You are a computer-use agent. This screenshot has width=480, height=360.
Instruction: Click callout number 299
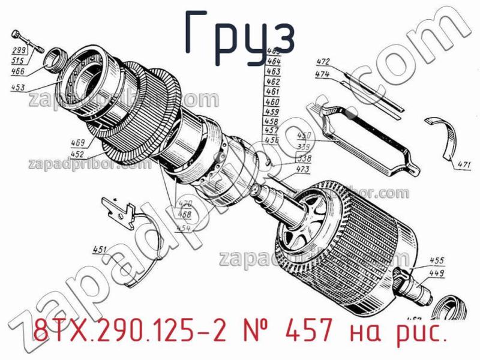pyautogui.click(x=18, y=50)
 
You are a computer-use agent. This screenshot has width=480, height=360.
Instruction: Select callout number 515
pyautogui.click(x=18, y=61)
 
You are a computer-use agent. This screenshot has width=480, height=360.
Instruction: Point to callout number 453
pyautogui.click(x=18, y=88)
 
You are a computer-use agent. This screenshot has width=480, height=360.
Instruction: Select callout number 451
pyautogui.click(x=100, y=250)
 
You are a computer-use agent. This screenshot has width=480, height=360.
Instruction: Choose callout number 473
pyautogui.click(x=303, y=170)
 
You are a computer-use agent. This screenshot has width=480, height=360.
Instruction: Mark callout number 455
pyautogui.click(x=437, y=261)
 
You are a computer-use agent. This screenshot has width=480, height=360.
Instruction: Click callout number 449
pyautogui.click(x=437, y=273)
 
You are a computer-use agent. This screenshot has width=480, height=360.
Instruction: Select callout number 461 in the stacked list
pyautogui.click(x=272, y=92)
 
